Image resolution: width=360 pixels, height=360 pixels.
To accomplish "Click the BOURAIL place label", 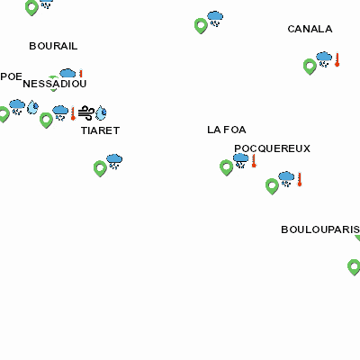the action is click(53, 46).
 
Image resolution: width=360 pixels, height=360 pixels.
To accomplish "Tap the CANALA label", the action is click(310, 29).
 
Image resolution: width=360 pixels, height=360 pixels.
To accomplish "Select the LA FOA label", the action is click(227, 130).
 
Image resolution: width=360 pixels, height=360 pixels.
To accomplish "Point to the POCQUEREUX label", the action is click(272, 148).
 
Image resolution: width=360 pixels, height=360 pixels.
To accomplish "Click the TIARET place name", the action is click(100, 130).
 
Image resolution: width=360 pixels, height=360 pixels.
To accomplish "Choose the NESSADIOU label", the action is click(55, 84).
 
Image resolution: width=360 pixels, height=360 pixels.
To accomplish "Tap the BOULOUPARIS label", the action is click(320, 229).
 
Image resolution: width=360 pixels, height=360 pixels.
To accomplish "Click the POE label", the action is click(11, 76).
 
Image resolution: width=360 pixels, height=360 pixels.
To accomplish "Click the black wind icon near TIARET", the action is click(86, 112).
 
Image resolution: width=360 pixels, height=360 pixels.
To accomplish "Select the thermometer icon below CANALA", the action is click(337, 59).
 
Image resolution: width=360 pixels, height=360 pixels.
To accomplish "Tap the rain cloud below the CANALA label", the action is click(324, 59).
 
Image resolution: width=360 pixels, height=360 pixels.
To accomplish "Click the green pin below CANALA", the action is click(310, 67).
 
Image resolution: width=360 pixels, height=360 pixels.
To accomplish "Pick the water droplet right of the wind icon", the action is click(101, 112).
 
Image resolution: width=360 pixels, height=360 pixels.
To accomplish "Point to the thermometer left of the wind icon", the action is click(73, 113).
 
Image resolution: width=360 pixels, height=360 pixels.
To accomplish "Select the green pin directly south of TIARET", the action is click(100, 168).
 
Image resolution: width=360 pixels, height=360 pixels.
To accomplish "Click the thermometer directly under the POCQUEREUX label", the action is click(254, 161).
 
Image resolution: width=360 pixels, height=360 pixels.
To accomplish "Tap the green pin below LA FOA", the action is click(227, 167).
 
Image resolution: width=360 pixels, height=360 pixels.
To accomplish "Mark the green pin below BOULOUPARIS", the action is click(354, 267).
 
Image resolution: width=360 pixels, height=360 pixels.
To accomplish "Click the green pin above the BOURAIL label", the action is click(31, 7).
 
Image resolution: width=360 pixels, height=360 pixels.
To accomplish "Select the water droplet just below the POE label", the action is click(32, 107).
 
